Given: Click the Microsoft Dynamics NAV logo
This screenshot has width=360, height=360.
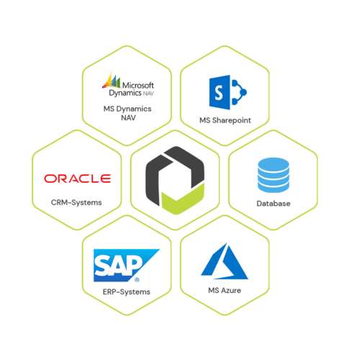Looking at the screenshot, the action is [x=128, y=84].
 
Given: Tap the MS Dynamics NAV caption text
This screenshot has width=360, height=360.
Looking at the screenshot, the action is [x=127, y=113].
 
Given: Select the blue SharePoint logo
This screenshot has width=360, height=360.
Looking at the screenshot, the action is [x=228, y=92].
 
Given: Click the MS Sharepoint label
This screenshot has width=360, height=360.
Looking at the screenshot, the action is [x=225, y=120].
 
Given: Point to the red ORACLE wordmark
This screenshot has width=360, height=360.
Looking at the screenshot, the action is [x=78, y=179].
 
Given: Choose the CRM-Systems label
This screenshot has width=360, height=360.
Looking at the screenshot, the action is [x=76, y=202].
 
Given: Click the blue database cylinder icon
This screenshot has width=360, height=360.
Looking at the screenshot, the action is [x=274, y=175].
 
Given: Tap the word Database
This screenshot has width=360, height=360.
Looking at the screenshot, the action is [x=274, y=204].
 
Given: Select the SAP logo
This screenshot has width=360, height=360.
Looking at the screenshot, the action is [x=127, y=266].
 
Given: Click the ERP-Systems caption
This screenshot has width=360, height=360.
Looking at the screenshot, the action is [x=127, y=292].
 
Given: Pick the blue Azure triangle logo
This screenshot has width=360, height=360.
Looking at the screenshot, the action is [x=225, y=261].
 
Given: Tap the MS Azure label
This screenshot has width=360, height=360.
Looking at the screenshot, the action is [x=225, y=290].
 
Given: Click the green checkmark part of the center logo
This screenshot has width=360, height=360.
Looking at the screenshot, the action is [x=183, y=200].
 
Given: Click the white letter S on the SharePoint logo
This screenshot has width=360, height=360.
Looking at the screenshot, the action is [x=219, y=93].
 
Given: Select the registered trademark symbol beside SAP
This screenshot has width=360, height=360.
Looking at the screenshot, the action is [x=137, y=279].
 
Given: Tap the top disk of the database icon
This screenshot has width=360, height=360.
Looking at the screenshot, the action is [x=274, y=164].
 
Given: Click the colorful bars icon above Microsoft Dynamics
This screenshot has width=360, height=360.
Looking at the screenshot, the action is [x=112, y=80].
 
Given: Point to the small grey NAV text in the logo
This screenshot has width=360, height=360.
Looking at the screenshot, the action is [x=148, y=94].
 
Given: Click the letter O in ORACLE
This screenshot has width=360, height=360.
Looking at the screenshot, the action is [x=50, y=179].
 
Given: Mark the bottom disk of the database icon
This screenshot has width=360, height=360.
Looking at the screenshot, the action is [x=274, y=188].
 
